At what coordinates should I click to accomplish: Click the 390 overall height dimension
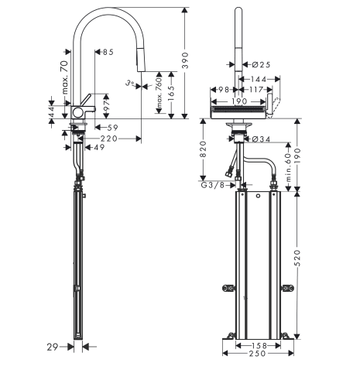185,60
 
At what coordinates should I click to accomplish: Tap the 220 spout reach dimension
109,139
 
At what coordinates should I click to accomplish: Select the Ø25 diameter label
261,64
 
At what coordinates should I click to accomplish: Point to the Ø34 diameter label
261,139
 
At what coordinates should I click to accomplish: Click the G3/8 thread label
213,185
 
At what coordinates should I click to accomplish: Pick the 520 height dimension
297,258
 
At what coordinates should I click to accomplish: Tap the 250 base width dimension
258,353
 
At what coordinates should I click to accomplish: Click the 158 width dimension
259,345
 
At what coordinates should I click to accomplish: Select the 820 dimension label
204,149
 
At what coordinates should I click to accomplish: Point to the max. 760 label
159,93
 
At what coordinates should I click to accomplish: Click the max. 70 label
65,77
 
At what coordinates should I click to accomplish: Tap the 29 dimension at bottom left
53,347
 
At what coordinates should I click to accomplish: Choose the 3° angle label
130,83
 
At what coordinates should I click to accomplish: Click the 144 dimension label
259,79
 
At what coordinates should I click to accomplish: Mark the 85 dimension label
108,52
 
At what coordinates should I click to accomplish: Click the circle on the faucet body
77,112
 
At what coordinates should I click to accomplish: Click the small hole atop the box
258,196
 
